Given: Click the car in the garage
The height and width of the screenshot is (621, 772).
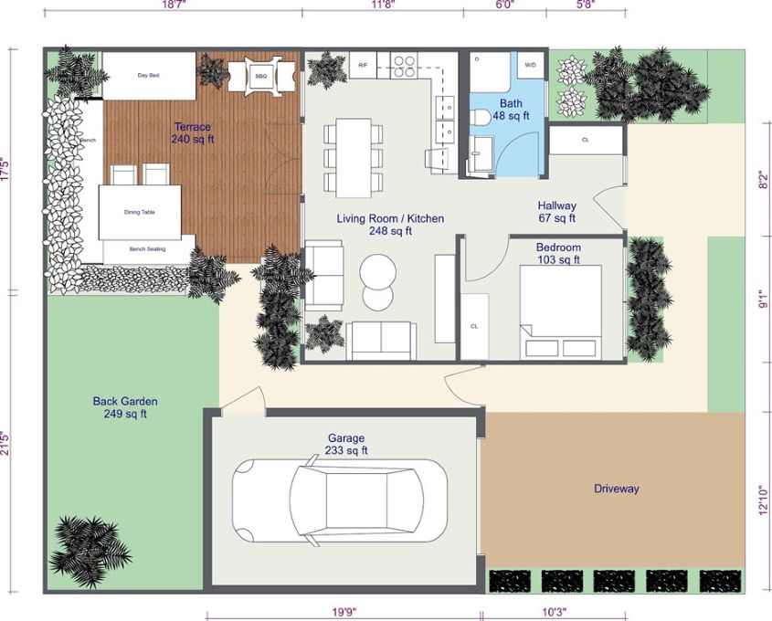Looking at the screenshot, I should (x=340, y=502).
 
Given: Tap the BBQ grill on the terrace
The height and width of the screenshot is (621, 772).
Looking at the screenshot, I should (x=260, y=76).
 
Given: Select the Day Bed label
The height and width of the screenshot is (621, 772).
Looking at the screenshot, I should (x=149, y=76).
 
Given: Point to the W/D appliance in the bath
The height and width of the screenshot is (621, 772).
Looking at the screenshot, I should (x=530, y=66).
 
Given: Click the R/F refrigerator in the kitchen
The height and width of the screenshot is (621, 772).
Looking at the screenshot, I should (x=363, y=66).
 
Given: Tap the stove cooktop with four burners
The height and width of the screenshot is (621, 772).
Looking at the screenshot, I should (x=404, y=65).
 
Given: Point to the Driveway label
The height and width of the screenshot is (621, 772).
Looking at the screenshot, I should (x=616, y=489).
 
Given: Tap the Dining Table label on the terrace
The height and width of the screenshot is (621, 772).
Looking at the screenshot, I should (x=140, y=212).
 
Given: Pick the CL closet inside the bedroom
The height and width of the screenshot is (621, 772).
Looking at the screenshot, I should (x=474, y=326).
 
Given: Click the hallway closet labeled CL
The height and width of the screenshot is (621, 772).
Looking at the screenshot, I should (x=585, y=140).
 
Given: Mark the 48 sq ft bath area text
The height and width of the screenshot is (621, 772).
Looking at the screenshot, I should (x=511, y=116).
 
